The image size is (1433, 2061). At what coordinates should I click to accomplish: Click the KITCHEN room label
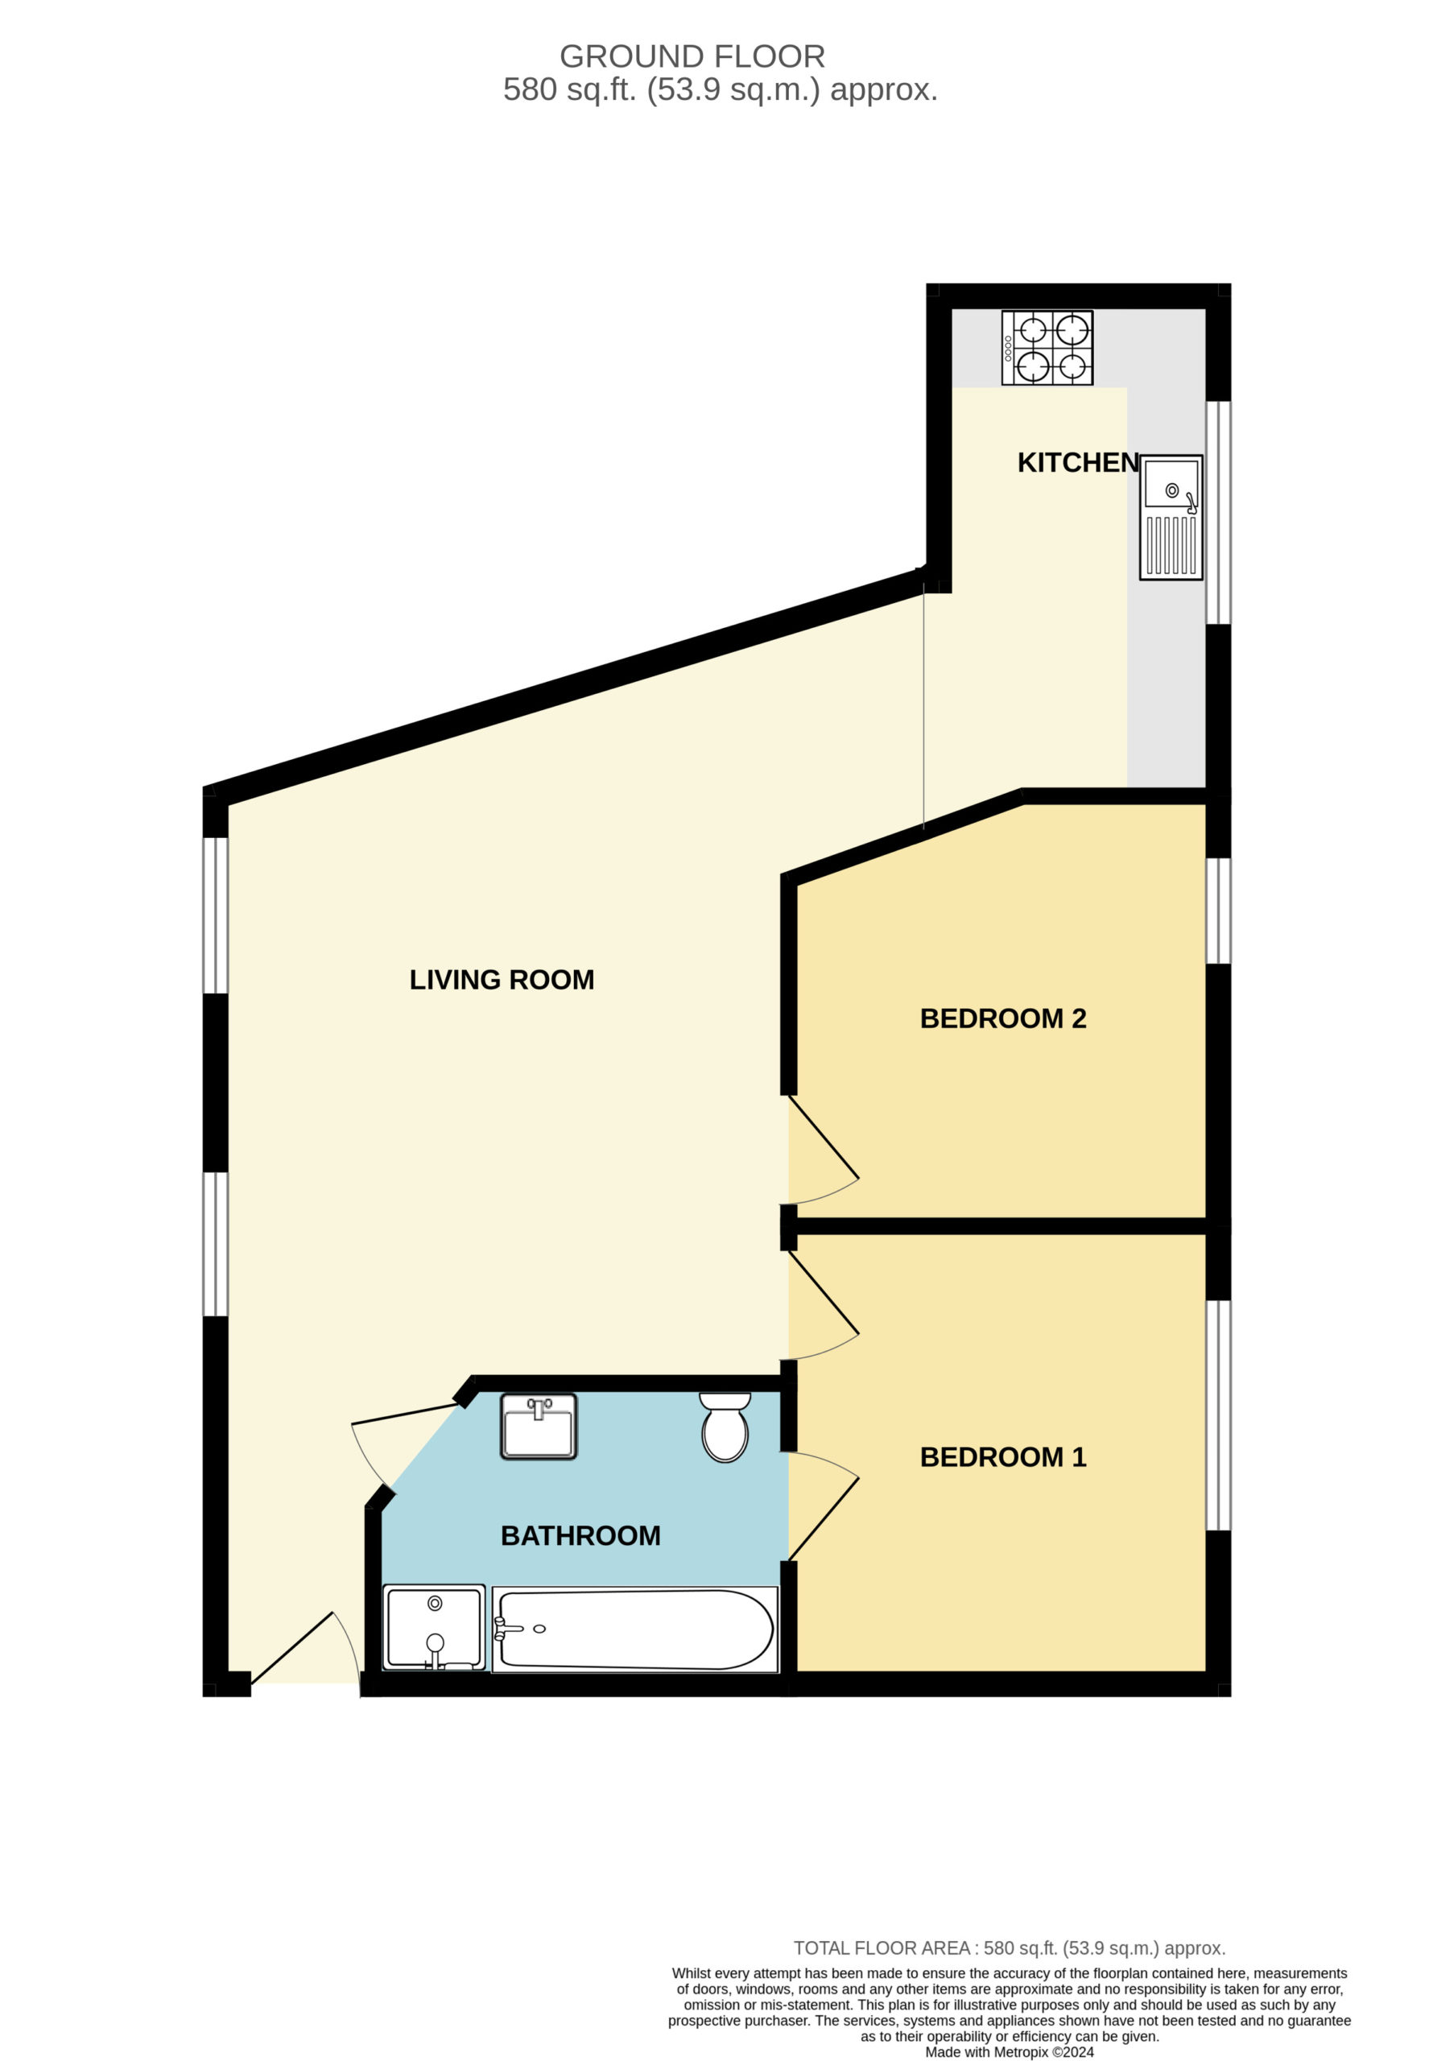1077,463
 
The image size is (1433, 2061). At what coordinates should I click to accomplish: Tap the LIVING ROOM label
502,979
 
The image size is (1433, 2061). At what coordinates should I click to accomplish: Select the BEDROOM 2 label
1003,1019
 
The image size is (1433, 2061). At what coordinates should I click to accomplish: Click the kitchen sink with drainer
1171,517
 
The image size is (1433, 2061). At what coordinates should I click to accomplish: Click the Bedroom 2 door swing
824,1150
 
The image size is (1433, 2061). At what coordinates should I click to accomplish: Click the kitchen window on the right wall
1217,512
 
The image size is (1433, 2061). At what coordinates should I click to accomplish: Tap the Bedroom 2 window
1217,911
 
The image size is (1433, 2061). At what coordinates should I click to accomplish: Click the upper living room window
216,915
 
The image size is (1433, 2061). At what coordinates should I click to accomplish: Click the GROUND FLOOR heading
692,56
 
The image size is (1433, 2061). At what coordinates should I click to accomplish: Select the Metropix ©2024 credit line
1010,2052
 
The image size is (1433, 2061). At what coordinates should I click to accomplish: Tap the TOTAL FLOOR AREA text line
1010,1949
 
